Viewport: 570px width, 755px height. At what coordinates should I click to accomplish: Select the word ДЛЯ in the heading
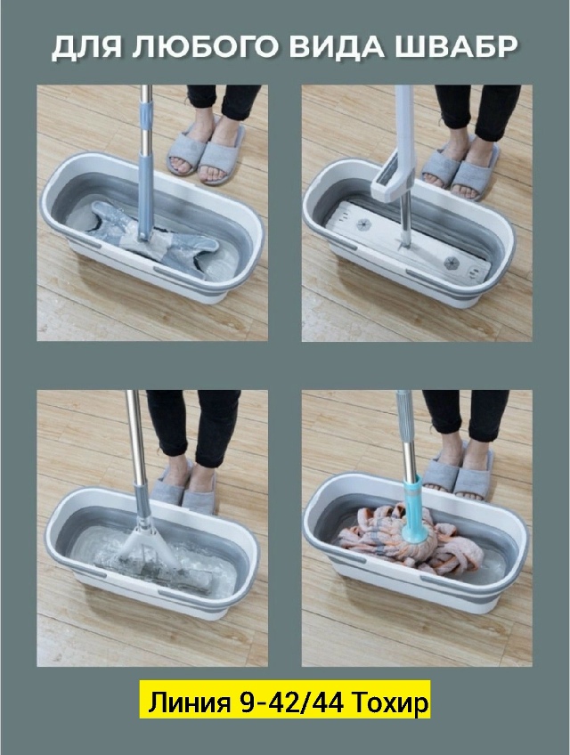pos(85,48)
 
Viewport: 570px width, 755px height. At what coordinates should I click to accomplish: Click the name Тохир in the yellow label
pos(390,702)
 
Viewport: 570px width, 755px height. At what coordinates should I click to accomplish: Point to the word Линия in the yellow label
pos(189,702)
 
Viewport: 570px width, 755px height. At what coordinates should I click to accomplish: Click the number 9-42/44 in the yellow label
pos(291,702)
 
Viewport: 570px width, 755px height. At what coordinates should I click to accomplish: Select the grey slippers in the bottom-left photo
pos(184,486)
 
